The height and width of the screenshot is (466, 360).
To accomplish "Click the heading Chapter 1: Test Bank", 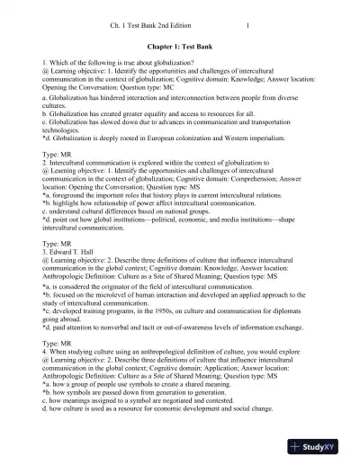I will [179, 42].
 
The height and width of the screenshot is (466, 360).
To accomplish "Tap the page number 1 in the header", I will [247, 13].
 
